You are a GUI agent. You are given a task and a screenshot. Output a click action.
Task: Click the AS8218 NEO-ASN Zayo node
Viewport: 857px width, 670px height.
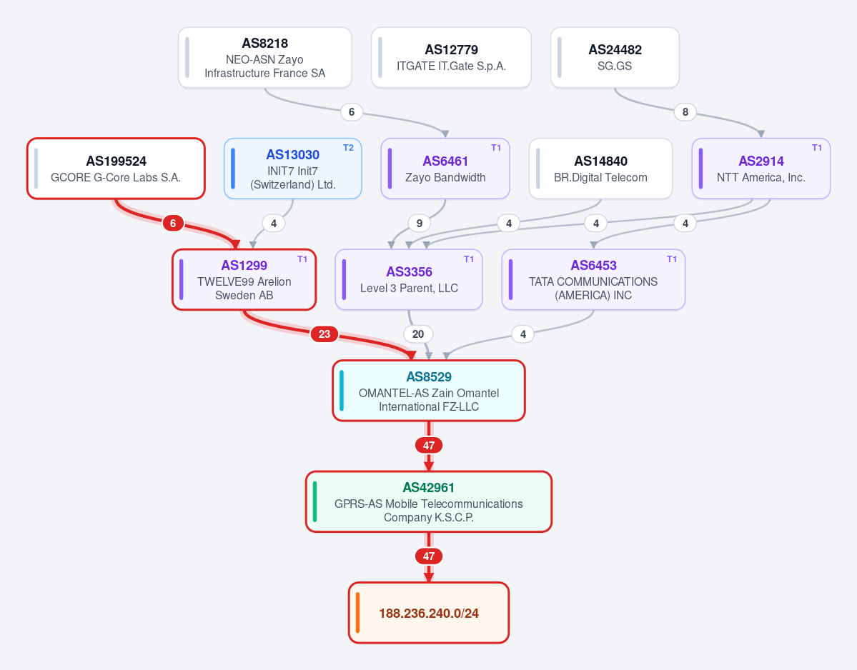[x=265, y=57]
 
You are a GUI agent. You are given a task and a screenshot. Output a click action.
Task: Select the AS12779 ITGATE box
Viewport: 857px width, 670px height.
[x=451, y=57]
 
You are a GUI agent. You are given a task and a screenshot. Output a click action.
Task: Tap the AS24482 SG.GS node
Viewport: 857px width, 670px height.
[x=615, y=57]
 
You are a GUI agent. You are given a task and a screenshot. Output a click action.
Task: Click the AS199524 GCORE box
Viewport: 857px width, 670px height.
[x=116, y=168]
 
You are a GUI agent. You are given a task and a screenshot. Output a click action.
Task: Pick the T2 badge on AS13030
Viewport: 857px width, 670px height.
[x=348, y=148]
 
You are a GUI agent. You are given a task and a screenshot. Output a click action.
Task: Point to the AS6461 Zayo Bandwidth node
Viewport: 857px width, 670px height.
[x=445, y=168]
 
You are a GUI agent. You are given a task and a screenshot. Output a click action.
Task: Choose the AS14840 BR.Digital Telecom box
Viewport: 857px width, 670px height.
[x=600, y=168]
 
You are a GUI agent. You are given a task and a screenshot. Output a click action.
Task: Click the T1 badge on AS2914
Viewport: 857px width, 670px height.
[x=816, y=148]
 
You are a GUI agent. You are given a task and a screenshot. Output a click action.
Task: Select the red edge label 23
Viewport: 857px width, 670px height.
[x=324, y=334]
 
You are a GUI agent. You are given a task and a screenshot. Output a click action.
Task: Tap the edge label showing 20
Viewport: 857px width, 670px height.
[x=418, y=334]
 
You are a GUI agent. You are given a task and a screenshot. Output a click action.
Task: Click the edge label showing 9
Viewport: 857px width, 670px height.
[x=420, y=224]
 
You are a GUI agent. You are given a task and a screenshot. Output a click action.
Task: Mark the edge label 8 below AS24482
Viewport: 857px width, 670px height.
[x=685, y=112]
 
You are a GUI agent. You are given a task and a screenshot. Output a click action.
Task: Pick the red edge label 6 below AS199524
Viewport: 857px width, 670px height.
[x=173, y=224]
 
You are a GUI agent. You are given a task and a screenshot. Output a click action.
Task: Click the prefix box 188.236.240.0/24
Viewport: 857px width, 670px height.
[x=429, y=613]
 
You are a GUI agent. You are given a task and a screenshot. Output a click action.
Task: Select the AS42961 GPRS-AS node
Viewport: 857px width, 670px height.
[x=429, y=501]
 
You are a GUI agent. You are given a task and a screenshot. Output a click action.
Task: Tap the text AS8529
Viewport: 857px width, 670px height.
[x=429, y=376]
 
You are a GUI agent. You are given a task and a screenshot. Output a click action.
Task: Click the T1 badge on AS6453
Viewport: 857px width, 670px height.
[x=672, y=259]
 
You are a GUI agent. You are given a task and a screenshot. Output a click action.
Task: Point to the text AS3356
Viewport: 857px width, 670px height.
[x=410, y=272]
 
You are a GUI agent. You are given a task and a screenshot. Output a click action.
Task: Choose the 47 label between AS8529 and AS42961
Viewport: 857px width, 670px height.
[x=429, y=446]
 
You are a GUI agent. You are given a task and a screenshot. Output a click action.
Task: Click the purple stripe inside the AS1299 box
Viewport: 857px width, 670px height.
[x=182, y=279]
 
